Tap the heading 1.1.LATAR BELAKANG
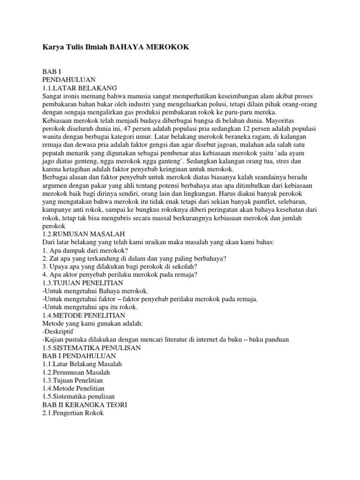tap(79, 88)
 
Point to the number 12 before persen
tap(263, 128)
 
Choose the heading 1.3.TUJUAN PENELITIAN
tap(82, 283)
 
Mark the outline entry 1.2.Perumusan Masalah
tap(76, 373)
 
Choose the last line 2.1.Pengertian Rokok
tap(73, 413)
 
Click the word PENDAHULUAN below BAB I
tap(68, 80)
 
